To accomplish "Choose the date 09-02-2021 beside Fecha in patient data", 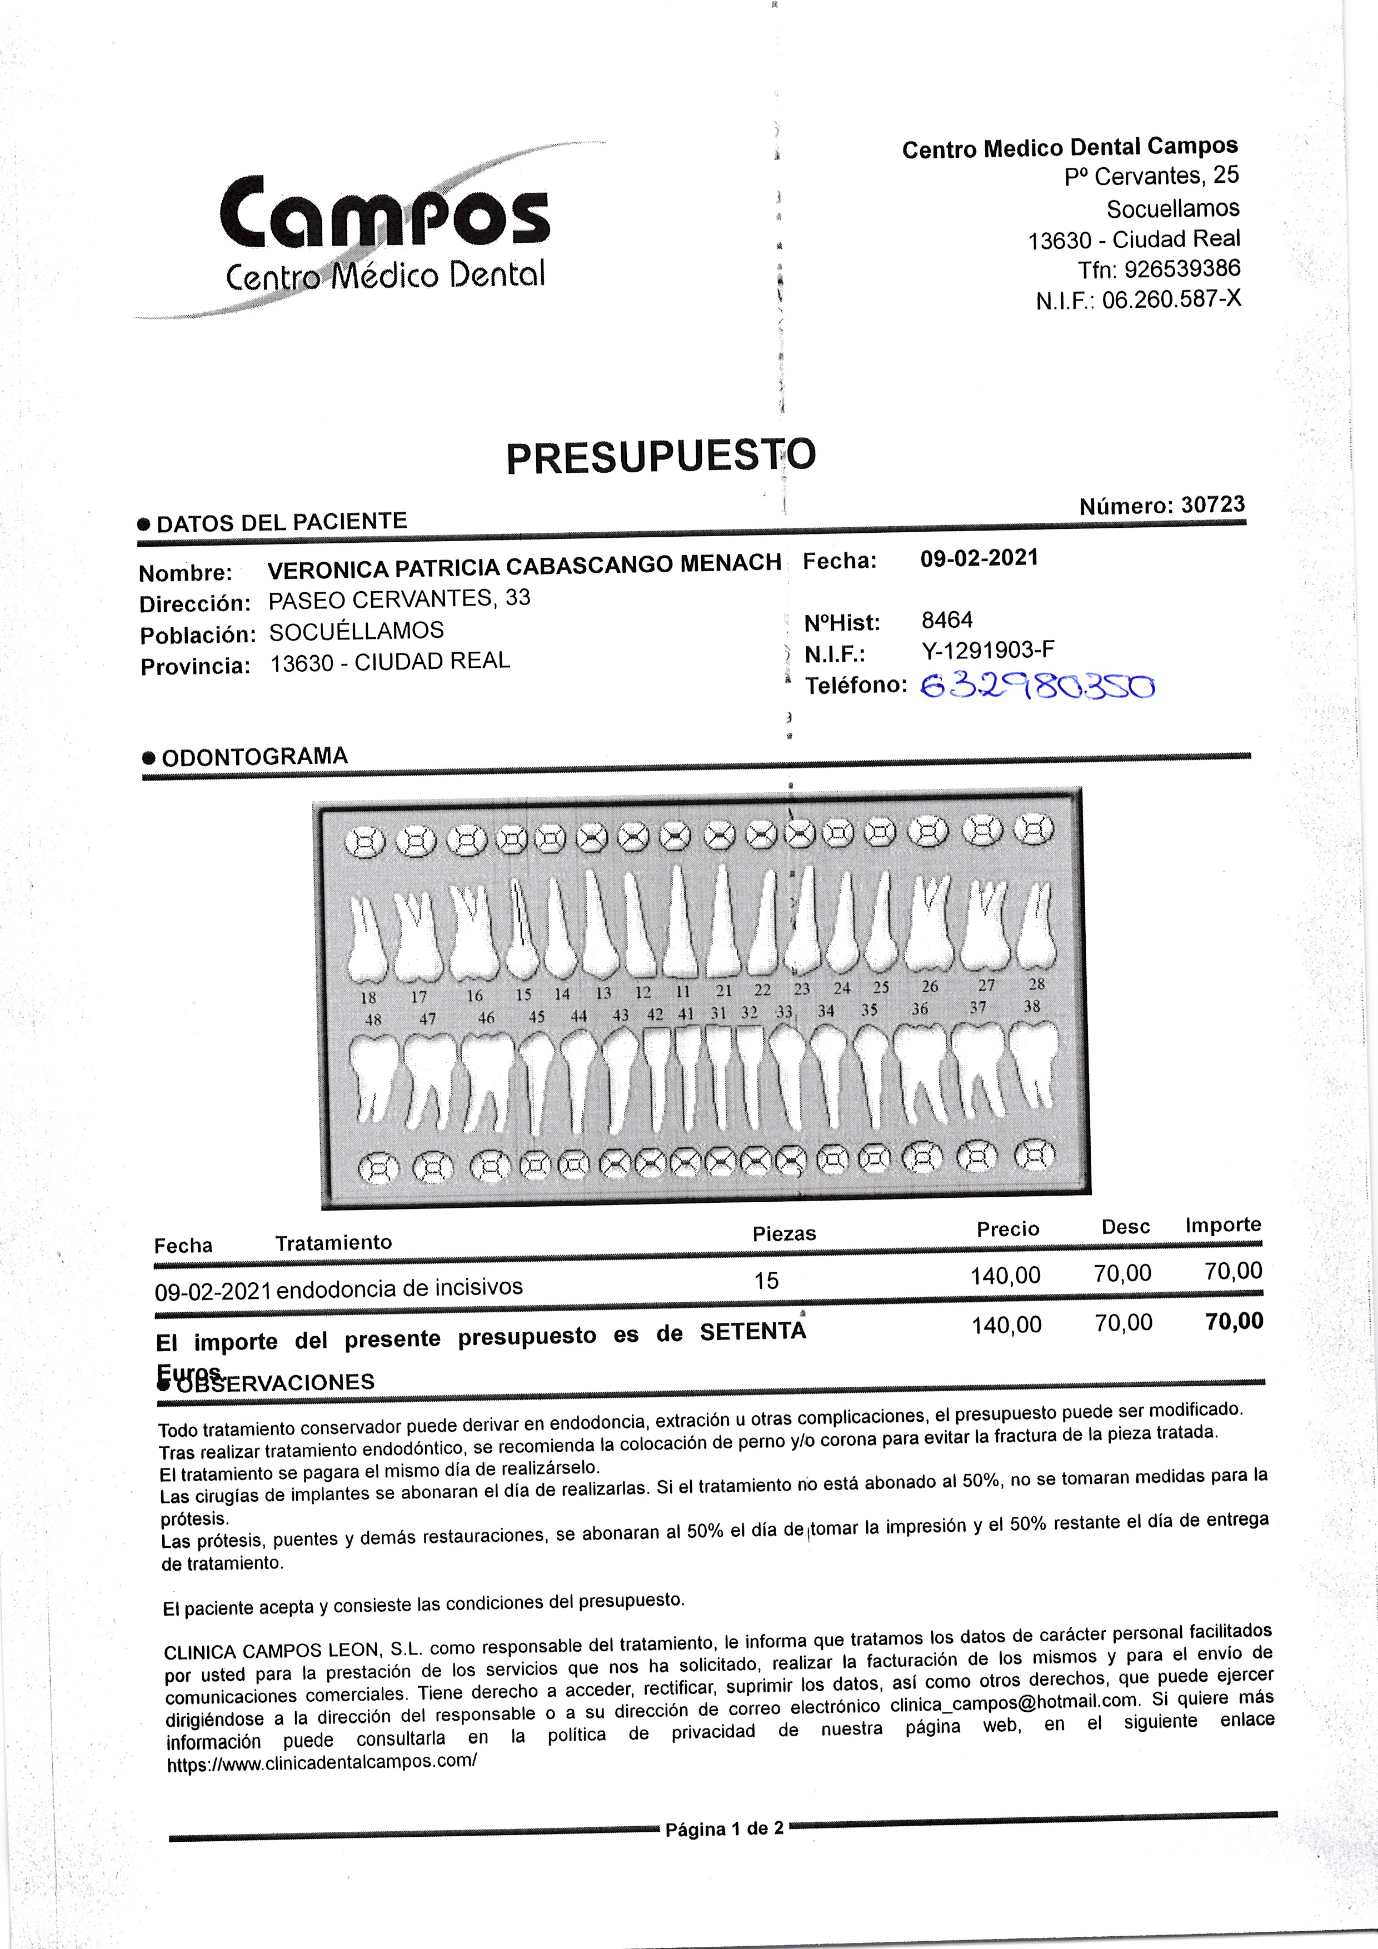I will [979, 558].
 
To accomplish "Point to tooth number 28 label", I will [1037, 984].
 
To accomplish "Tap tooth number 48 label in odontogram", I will [373, 1020].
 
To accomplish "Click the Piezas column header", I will [783, 1233].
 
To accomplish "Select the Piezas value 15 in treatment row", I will [766, 1281].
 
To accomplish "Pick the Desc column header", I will [1125, 1227].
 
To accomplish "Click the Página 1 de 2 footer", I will [724, 1828].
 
